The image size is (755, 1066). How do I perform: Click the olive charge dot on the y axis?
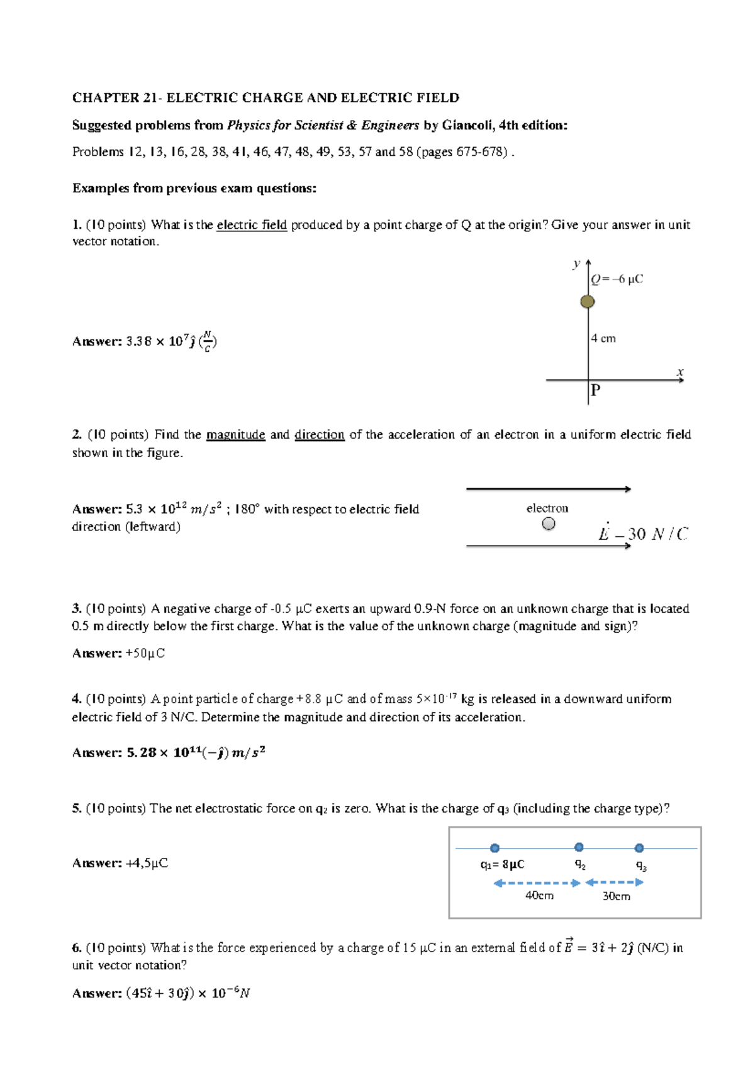tap(588, 302)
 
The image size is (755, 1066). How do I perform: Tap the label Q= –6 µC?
tap(617, 279)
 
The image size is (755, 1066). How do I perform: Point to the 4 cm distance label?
tap(603, 339)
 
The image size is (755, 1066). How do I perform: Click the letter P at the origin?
tap(595, 391)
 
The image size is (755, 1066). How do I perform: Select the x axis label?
tap(679, 372)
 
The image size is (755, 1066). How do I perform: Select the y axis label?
tap(576, 263)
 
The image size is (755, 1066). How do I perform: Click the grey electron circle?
tap(549, 524)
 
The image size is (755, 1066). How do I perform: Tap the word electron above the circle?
tap(547, 508)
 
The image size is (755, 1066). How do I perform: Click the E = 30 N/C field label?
tap(642, 534)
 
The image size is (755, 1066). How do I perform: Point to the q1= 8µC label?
tap(502, 864)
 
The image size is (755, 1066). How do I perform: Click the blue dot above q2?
tap(579, 847)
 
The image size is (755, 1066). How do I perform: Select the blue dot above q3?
tap(639, 848)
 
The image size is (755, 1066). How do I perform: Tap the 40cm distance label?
tap(539, 895)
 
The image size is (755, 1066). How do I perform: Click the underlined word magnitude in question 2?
tap(235, 435)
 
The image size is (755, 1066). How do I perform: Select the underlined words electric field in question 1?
tap(252, 225)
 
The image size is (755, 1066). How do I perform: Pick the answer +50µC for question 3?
tap(145, 654)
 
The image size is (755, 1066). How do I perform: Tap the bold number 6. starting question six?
tap(77, 947)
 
